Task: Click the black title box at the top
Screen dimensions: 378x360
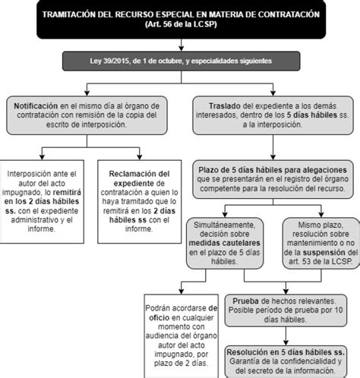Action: point(180,20)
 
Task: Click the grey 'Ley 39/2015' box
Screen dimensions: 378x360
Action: point(180,61)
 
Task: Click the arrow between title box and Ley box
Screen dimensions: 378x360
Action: point(180,46)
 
